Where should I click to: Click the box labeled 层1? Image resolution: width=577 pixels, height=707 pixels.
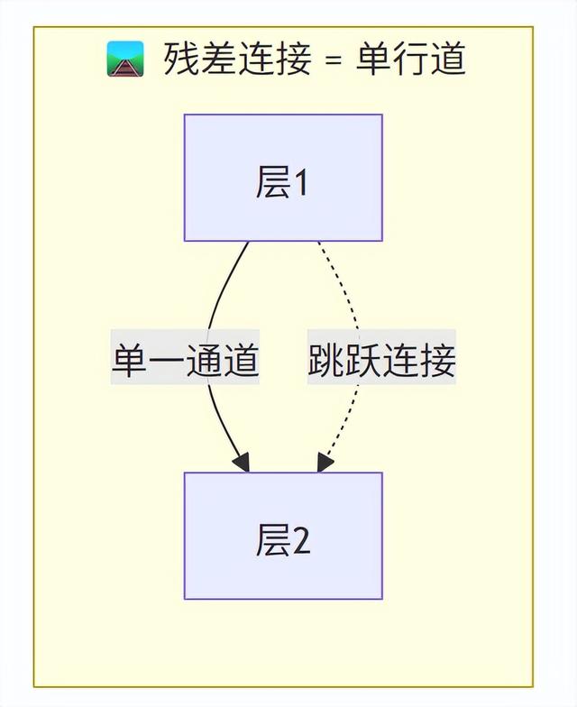click(x=283, y=178)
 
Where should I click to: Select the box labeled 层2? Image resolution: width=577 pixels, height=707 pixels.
click(x=283, y=536)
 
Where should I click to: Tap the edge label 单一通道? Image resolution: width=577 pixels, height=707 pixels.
click(x=186, y=362)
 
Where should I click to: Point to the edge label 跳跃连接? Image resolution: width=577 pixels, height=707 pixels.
click(x=381, y=362)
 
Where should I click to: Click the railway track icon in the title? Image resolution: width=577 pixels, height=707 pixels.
click(x=125, y=60)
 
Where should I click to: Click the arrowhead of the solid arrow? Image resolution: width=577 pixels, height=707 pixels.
click(x=242, y=462)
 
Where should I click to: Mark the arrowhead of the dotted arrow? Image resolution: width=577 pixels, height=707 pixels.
click(x=325, y=462)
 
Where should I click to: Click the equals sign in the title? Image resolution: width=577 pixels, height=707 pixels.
click(x=333, y=60)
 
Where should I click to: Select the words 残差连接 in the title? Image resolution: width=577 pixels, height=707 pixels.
click(x=237, y=60)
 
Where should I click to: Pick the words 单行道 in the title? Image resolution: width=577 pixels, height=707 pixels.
click(x=410, y=60)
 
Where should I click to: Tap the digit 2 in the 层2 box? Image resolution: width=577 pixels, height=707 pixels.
click(x=301, y=542)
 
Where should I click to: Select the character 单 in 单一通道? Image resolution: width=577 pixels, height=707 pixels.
click(x=130, y=362)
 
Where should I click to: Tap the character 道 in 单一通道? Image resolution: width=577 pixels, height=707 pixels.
click(x=242, y=362)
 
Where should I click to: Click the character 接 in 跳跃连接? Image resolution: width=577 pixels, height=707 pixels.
click(x=437, y=362)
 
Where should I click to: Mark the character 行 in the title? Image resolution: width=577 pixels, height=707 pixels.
click(x=410, y=60)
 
